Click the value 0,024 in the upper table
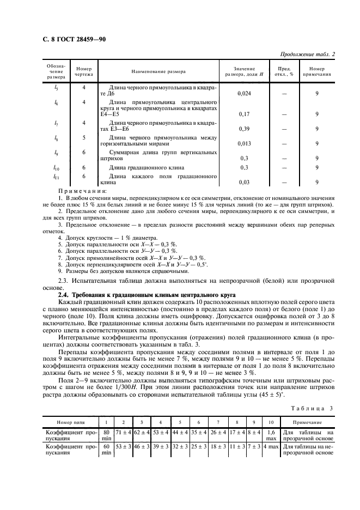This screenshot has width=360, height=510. tap(245, 93)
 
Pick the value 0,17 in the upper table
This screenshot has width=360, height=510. tap(245, 114)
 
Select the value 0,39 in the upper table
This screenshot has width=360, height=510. tap(245, 129)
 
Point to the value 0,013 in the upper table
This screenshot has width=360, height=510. tap(245, 144)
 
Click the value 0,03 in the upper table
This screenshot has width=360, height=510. tap(245, 183)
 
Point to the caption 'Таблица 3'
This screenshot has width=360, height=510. tap(317, 408)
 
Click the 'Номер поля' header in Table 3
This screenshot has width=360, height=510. tap(70, 422)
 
